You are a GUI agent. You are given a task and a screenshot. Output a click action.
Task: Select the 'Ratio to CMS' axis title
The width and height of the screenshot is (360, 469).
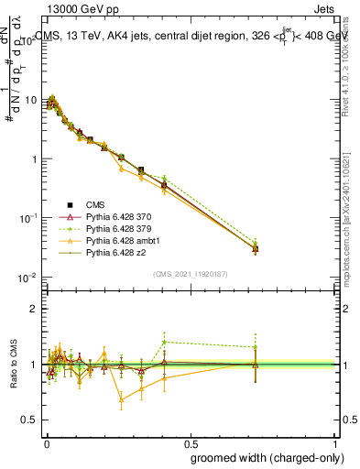coord(12,365)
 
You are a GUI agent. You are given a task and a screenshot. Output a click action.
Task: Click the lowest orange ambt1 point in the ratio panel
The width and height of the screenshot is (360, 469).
coord(121,399)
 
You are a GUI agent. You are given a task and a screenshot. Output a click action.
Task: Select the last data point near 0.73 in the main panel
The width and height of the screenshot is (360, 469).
coord(256,248)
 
